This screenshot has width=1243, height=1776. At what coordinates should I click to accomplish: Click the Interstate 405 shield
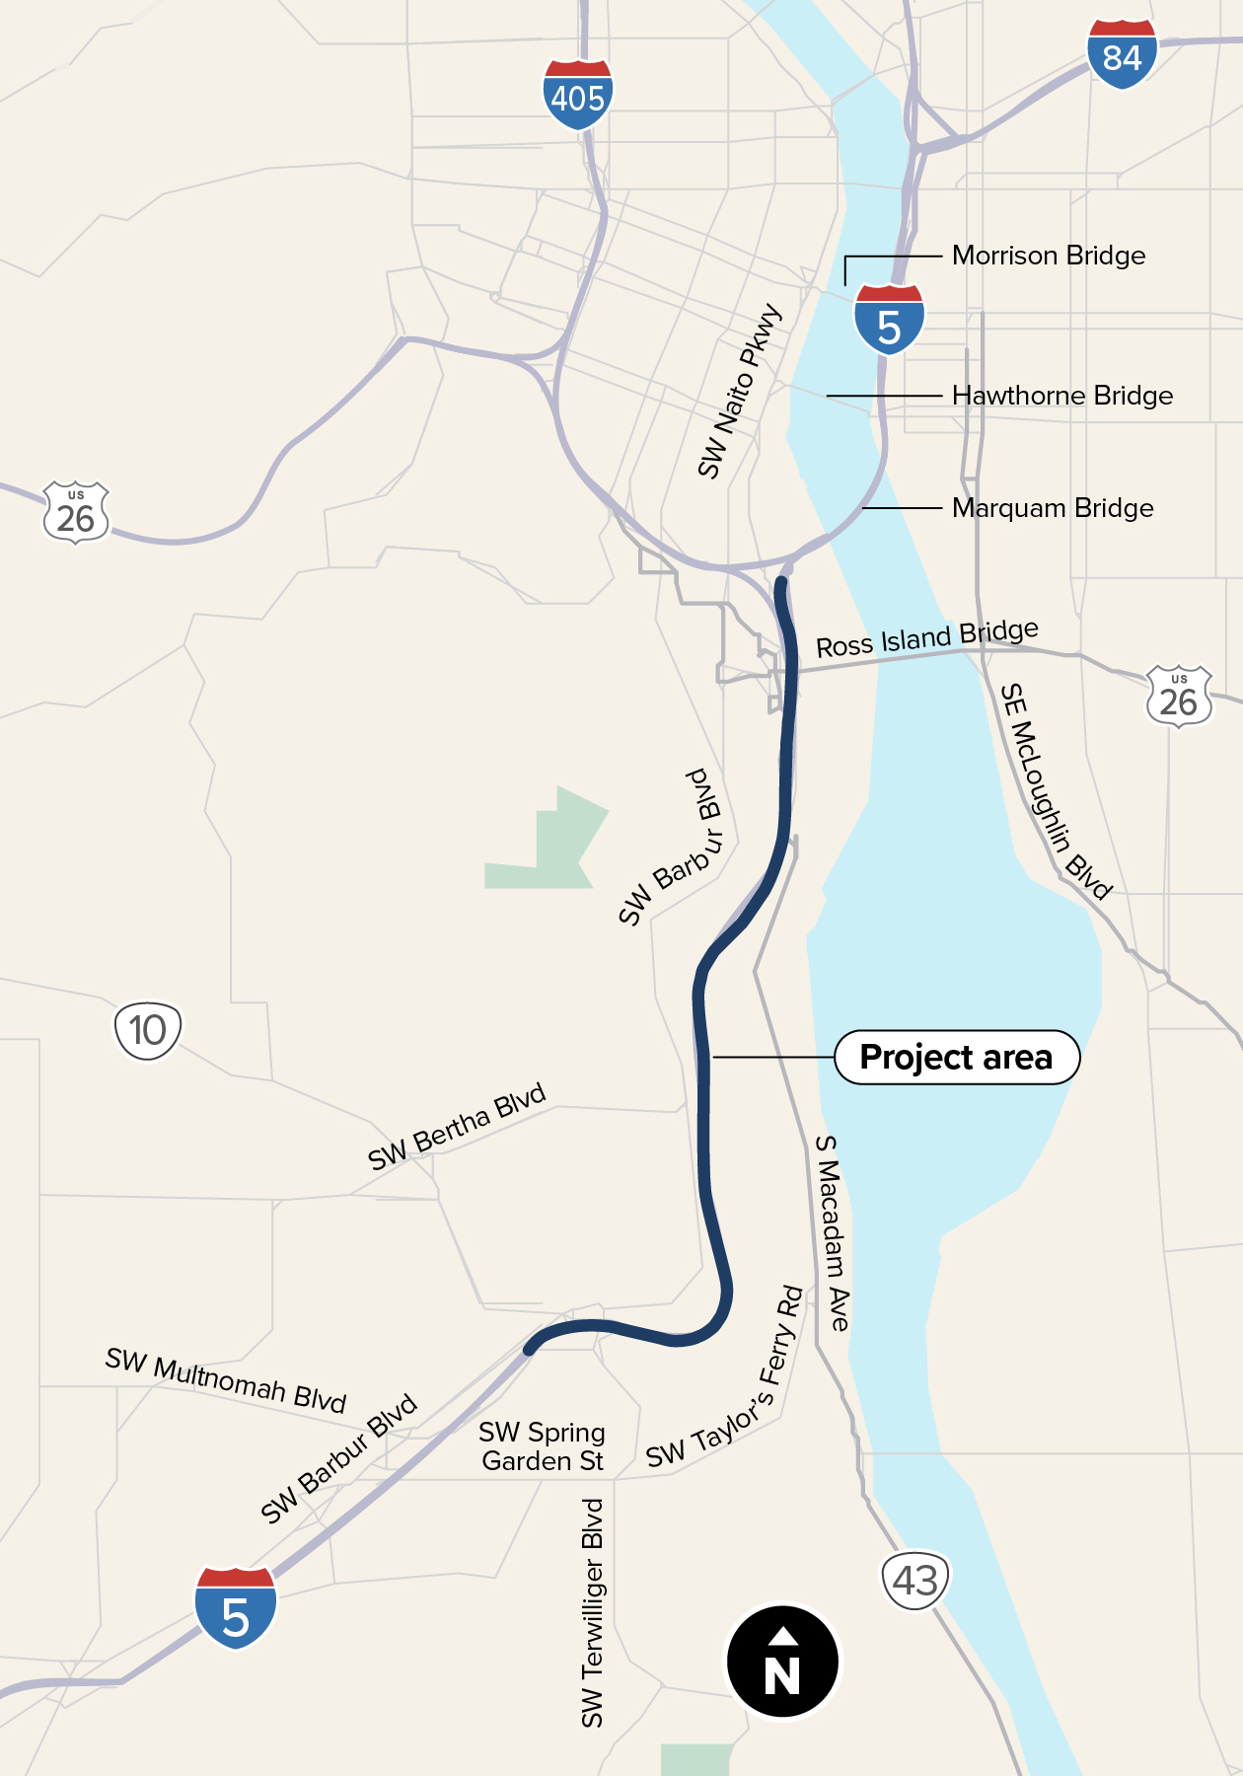click(x=578, y=95)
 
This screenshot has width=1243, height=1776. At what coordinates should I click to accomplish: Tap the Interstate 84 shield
click(x=1122, y=54)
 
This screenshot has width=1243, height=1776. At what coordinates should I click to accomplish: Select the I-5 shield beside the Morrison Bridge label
click(x=889, y=319)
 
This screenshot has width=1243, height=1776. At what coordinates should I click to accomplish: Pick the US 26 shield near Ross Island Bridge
click(x=1179, y=697)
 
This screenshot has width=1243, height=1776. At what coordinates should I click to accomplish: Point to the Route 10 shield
click(x=148, y=1031)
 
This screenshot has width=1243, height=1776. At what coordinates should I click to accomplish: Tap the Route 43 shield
click(x=914, y=1581)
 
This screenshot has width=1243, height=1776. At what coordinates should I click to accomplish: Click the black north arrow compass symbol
click(x=782, y=1662)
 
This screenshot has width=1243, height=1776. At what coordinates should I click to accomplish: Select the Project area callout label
click(x=957, y=1058)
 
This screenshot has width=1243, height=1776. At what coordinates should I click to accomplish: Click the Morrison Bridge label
click(x=1048, y=256)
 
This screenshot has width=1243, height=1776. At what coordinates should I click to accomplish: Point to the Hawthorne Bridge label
click(x=1061, y=396)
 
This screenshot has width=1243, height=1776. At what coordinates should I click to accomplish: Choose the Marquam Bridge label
click(x=1052, y=508)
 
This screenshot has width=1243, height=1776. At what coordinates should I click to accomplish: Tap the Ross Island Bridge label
click(x=926, y=638)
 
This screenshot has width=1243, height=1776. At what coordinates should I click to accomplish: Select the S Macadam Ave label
click(x=833, y=1232)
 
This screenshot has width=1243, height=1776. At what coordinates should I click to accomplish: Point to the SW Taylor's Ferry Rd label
click(x=726, y=1377)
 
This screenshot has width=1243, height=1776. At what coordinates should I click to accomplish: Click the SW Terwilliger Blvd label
click(x=592, y=1612)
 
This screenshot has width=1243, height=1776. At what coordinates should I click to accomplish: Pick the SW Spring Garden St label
click(x=542, y=1446)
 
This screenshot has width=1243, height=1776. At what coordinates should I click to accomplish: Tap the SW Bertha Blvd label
click(x=456, y=1127)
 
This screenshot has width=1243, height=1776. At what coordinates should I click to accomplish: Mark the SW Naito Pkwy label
click(x=739, y=392)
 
